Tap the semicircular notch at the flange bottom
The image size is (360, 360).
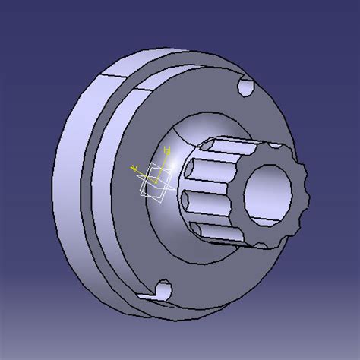[x=161, y=290]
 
